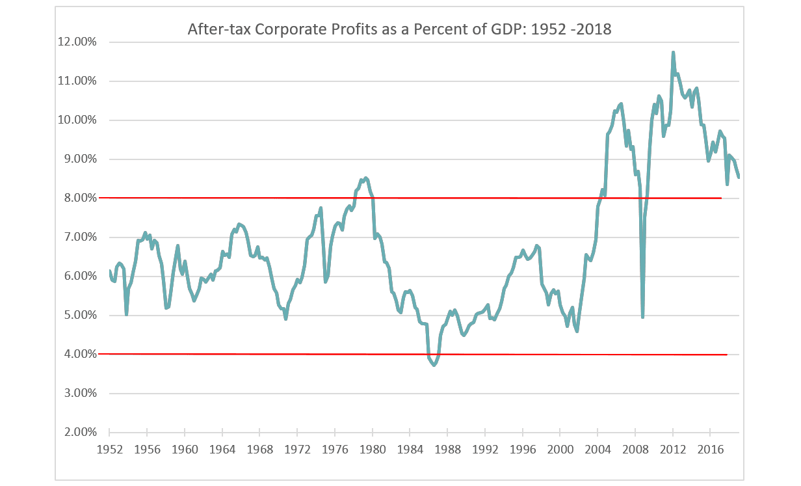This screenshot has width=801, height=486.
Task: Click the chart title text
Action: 399,29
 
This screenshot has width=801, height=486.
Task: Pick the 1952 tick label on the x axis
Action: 109,449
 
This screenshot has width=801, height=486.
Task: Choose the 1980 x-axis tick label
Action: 372,449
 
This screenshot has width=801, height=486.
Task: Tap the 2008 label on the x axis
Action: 635,449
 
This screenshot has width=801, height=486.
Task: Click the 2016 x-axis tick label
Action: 710,449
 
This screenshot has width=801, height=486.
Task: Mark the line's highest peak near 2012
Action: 673,52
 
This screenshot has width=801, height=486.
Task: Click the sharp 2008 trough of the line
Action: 643,317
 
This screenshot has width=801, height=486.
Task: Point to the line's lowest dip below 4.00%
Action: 434,365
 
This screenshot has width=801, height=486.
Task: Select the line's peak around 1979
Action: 366,178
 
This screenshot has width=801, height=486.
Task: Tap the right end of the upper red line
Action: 722,198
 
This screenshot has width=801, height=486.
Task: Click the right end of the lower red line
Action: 726,355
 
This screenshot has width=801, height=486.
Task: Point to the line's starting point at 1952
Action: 109,271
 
